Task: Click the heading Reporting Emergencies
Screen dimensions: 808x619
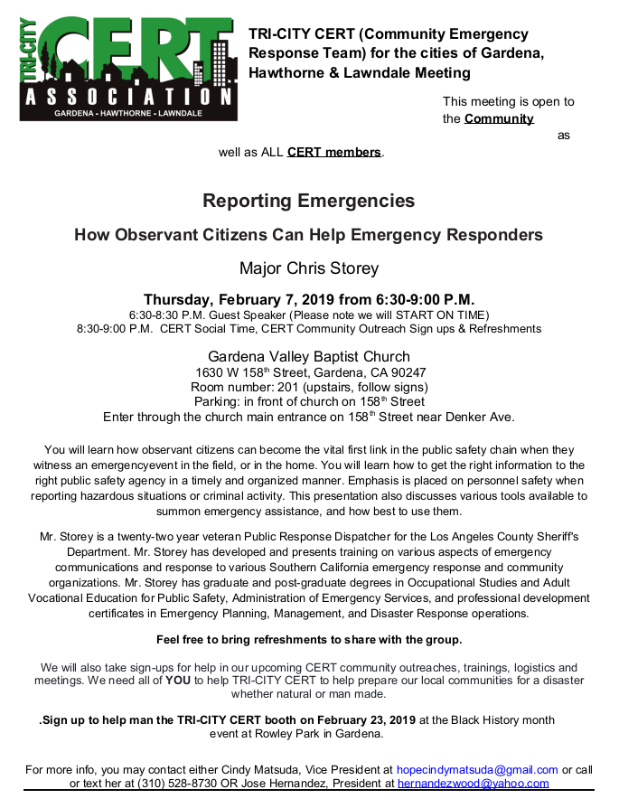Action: pyautogui.click(x=309, y=201)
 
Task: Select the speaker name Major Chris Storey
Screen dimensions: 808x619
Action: pyautogui.click(x=309, y=268)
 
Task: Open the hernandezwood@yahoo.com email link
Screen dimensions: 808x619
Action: pyautogui.click(x=473, y=784)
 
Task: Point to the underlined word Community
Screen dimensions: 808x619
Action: pyautogui.click(x=499, y=118)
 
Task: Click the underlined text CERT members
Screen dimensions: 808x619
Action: pyautogui.click(x=334, y=152)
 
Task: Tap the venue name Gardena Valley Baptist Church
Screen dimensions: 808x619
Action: pyautogui.click(x=309, y=356)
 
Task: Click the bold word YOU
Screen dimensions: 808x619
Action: pyautogui.click(x=178, y=681)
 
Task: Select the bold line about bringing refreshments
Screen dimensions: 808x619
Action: pyautogui.click(x=309, y=640)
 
